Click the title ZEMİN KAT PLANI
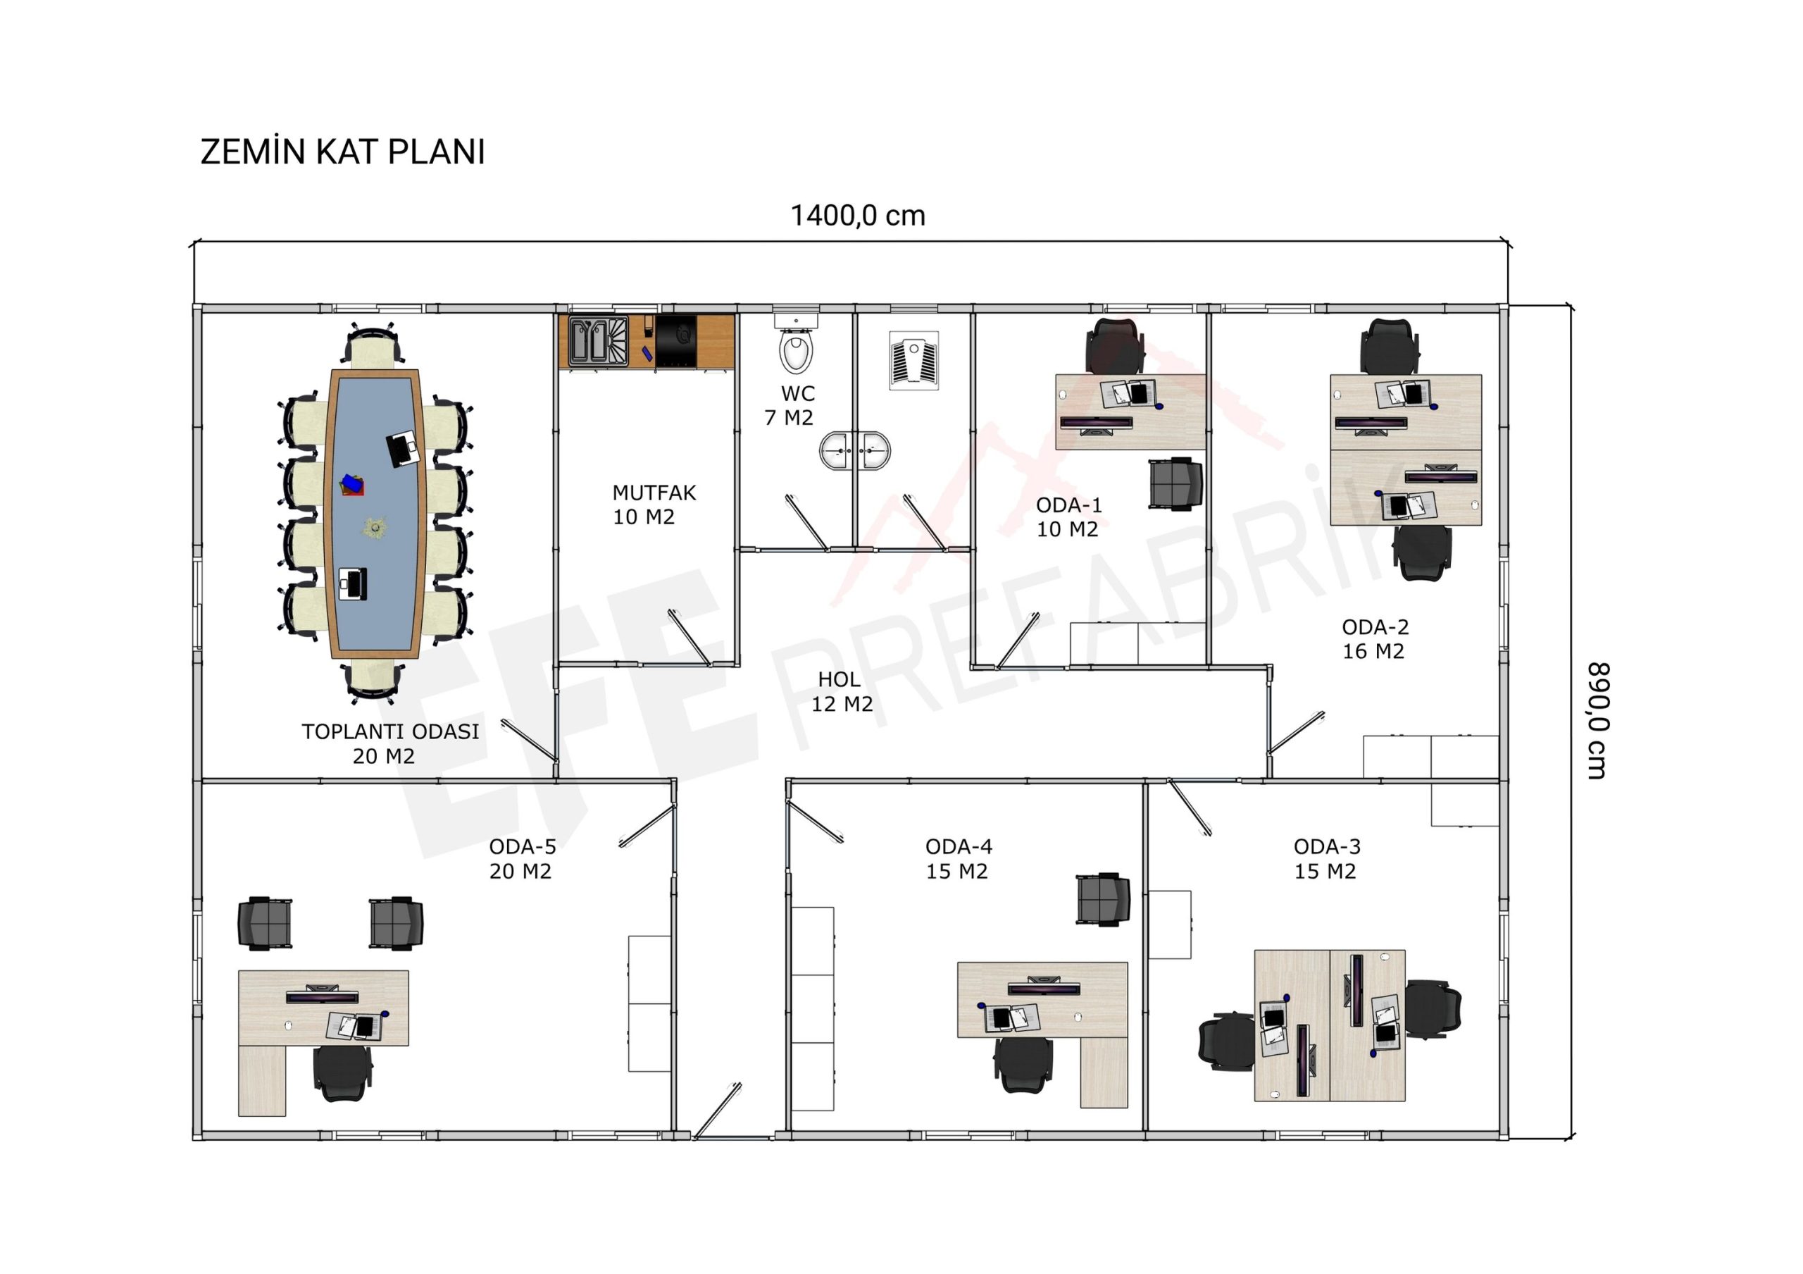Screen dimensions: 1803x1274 [x=342, y=151]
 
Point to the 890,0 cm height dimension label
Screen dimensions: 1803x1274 [x=1597, y=720]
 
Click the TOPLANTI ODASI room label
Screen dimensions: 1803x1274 [x=390, y=731]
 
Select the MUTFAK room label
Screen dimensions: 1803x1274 [x=654, y=493]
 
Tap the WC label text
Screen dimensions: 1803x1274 [x=798, y=393]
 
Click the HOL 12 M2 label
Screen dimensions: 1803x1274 [x=841, y=691]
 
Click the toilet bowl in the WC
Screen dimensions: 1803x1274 [x=797, y=351]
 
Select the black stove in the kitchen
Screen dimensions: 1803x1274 [x=676, y=341]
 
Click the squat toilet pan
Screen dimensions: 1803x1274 [x=914, y=361]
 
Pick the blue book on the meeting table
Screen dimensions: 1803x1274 [x=352, y=484]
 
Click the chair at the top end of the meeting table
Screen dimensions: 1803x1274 [x=373, y=345]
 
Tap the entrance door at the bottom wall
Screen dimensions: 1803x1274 [x=717, y=1110]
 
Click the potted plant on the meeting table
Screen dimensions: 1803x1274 [x=375, y=527]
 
